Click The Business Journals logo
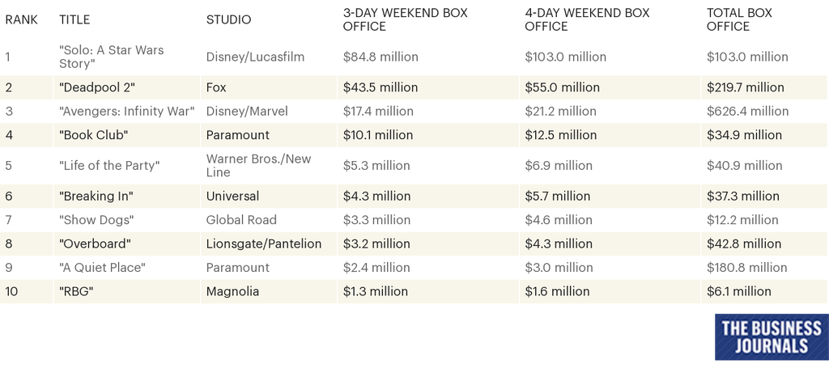(771, 337)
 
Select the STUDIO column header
(228, 19)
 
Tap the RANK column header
(21, 19)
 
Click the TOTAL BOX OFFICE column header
(739, 19)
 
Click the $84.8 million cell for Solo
(380, 57)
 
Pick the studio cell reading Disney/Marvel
(247, 111)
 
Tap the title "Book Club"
(94, 135)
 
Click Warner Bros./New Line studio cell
(258, 165)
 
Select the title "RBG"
(76, 291)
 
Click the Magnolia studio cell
(232, 291)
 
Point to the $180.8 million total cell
(746, 267)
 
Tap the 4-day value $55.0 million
(562, 87)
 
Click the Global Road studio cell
(241, 219)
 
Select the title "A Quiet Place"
(102, 267)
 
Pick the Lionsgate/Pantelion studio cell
(264, 244)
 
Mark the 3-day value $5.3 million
(376, 165)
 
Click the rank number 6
(9, 196)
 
